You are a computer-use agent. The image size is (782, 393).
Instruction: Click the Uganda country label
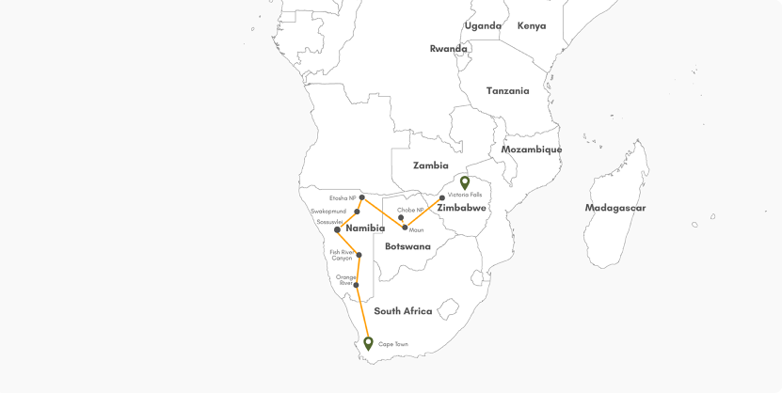point(483,25)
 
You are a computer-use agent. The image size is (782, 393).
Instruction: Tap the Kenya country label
point(531,25)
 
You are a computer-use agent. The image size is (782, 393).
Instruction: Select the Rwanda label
point(448,49)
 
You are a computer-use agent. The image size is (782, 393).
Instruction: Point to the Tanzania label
point(507,91)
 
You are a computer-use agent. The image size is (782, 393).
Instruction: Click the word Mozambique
point(531,149)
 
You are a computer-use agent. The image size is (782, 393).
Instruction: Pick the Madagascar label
point(615,208)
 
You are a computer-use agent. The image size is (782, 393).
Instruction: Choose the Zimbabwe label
point(462,207)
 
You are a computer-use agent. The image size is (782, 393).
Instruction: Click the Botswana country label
point(407,246)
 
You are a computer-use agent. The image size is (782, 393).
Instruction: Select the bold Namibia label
point(366,228)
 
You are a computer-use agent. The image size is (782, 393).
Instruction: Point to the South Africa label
point(403,311)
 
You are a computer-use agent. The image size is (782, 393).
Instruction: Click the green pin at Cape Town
point(369,343)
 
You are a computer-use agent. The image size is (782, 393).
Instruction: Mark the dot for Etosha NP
point(362,197)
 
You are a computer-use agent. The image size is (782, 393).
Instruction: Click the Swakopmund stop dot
point(357,212)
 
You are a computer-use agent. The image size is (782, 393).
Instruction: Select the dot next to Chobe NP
point(402,217)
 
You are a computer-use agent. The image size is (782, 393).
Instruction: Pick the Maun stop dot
point(406,228)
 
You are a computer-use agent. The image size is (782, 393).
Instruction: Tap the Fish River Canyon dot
point(359,255)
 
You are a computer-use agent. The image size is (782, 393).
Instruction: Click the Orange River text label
point(345,280)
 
